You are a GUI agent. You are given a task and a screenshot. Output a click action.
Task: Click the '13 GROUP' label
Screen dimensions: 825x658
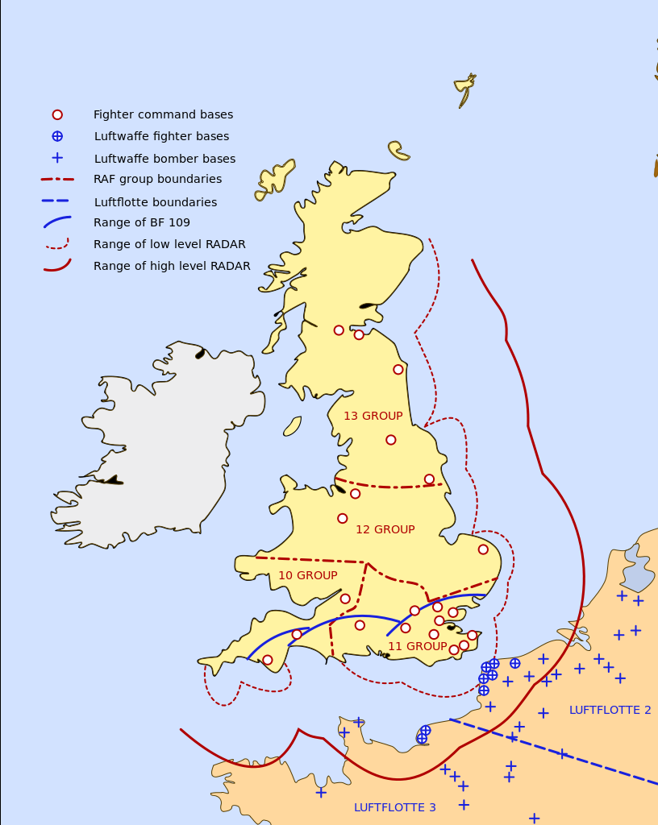373,417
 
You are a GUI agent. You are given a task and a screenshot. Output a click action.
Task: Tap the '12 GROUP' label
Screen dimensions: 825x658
385,530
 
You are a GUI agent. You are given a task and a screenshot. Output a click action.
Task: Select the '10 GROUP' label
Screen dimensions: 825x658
307,576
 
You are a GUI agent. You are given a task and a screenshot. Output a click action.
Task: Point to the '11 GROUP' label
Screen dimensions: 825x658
417,647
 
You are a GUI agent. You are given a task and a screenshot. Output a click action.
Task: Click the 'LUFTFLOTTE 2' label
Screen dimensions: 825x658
610,711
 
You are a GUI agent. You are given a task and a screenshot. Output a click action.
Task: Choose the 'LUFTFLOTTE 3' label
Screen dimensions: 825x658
394,808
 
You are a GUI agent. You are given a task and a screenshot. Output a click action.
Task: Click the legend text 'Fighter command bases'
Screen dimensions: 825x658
163,115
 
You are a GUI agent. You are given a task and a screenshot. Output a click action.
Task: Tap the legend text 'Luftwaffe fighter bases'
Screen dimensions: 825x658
161,137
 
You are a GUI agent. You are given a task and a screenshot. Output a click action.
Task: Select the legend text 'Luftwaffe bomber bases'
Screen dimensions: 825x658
164,160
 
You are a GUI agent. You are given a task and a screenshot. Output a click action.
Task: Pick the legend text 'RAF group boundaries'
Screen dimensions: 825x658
157,180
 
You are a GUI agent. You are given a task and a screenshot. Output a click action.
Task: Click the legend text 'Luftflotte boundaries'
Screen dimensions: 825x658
155,203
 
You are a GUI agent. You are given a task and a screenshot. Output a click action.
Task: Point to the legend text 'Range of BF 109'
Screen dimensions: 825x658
142,223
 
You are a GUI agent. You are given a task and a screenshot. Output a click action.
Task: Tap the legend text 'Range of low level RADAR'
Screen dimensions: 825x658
169,245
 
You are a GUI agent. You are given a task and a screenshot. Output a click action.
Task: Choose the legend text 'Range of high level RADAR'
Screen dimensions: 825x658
172,267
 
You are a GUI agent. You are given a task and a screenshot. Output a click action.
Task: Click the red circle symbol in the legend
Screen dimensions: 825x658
57,115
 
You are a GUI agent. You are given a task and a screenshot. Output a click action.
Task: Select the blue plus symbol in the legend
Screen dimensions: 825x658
57,158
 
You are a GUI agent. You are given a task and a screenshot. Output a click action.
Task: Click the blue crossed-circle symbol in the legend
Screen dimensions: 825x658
57,137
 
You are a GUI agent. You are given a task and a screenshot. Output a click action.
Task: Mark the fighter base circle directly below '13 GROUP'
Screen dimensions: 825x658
391,440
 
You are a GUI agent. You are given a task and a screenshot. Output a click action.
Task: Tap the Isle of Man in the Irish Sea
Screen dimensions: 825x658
292,426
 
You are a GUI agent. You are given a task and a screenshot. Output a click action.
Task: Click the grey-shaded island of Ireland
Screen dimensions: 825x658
161,443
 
